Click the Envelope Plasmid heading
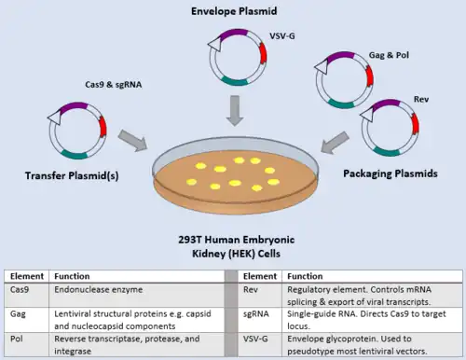coord(234,11)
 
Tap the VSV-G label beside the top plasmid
coord(282,36)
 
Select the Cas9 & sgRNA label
coord(114,85)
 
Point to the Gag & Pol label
coord(389,55)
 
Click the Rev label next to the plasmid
coord(421,100)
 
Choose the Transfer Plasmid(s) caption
coord(72,176)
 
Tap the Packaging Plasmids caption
coord(391,173)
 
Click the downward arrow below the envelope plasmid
coord(235,111)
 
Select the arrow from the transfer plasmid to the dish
coord(132,141)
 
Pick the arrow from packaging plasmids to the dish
coord(335,143)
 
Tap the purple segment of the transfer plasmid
coord(74,106)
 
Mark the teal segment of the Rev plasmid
coord(386,152)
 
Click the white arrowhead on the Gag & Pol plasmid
coord(322,67)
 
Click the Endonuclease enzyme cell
coord(99,290)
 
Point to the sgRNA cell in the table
coord(256,314)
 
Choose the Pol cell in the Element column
coord(17,339)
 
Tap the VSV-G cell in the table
coord(255,339)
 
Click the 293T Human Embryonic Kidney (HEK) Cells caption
coord(237,246)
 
